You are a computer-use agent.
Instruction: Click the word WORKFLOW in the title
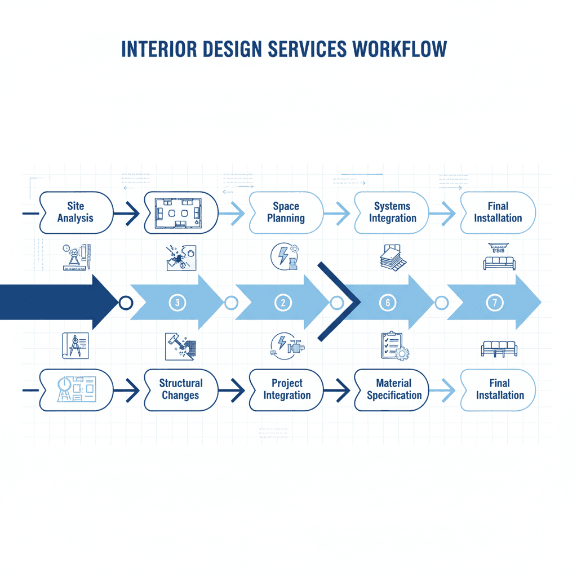(x=400, y=49)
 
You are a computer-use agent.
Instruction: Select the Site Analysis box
(x=76, y=212)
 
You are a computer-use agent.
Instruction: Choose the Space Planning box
(x=286, y=212)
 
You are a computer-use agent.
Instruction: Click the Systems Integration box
(x=392, y=212)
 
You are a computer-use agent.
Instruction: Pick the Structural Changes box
(x=180, y=389)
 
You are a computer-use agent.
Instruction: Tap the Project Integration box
(x=286, y=389)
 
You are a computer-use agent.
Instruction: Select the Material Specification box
(x=393, y=389)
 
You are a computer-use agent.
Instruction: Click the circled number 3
(x=177, y=303)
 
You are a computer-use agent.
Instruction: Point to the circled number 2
(x=283, y=303)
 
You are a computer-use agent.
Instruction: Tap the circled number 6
(x=388, y=303)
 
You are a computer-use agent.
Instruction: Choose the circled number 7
(x=494, y=303)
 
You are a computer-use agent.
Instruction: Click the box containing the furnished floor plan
(x=181, y=212)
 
